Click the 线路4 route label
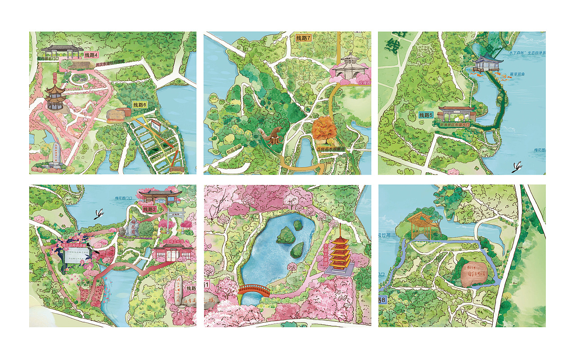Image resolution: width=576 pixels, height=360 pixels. [91, 55]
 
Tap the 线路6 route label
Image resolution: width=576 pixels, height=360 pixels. [140, 105]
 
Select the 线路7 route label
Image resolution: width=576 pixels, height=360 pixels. [303, 38]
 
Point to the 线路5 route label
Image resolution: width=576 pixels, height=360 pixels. [426, 115]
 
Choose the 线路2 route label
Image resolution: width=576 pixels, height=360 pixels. [149, 209]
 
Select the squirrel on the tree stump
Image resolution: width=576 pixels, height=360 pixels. [272, 135]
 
